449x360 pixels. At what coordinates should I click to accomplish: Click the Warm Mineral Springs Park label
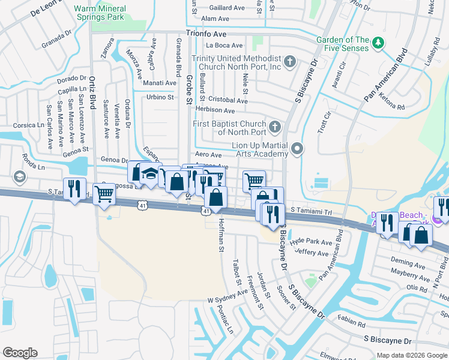coord(100,13)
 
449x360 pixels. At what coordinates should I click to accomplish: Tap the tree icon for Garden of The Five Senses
coord(378,42)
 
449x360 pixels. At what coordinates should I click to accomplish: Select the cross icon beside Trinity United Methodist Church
coord(289,61)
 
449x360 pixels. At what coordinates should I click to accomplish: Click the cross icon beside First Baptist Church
coord(275,127)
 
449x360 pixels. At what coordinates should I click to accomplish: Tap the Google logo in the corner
coord(20,353)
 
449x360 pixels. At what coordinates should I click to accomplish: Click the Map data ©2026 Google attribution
coord(411,355)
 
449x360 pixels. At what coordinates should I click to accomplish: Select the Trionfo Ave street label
coord(206,35)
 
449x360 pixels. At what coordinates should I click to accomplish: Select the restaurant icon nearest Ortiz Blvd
coord(74,189)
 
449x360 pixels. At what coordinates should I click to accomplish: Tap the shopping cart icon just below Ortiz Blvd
coord(104,194)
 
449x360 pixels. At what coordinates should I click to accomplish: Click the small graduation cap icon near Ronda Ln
coord(19,176)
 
